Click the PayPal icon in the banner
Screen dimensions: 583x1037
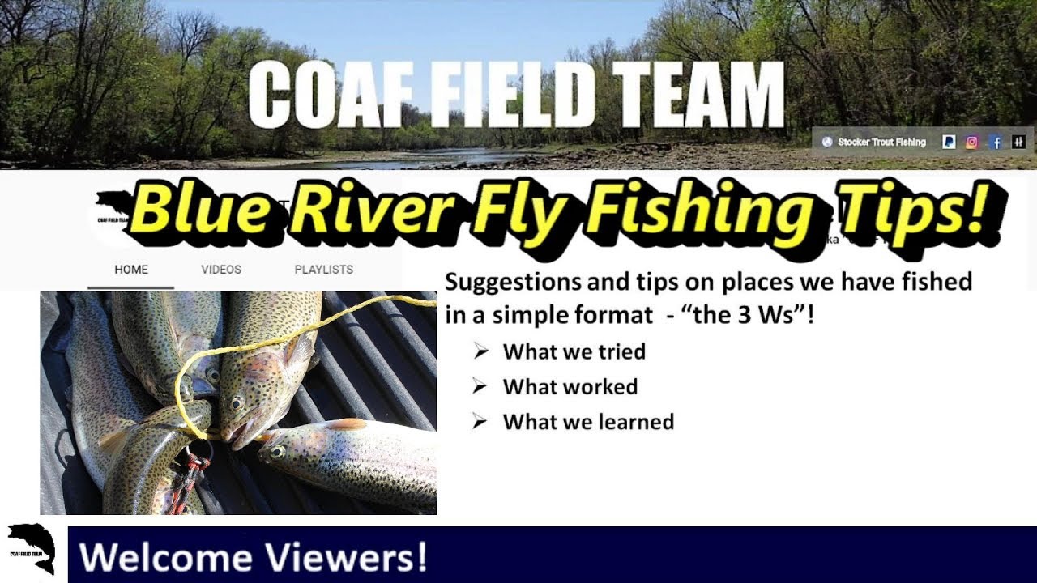tap(948, 142)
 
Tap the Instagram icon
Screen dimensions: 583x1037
tap(972, 142)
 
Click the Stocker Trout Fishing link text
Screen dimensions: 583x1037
tap(881, 142)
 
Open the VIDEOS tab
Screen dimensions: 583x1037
tap(221, 270)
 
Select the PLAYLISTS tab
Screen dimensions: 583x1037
tap(323, 270)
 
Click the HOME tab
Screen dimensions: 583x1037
tap(131, 270)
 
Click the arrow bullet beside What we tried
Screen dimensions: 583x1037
tap(481, 351)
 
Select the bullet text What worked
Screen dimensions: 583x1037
tap(570, 387)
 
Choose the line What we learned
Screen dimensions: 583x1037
tap(588, 422)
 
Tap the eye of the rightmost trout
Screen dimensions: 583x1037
tap(277, 450)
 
